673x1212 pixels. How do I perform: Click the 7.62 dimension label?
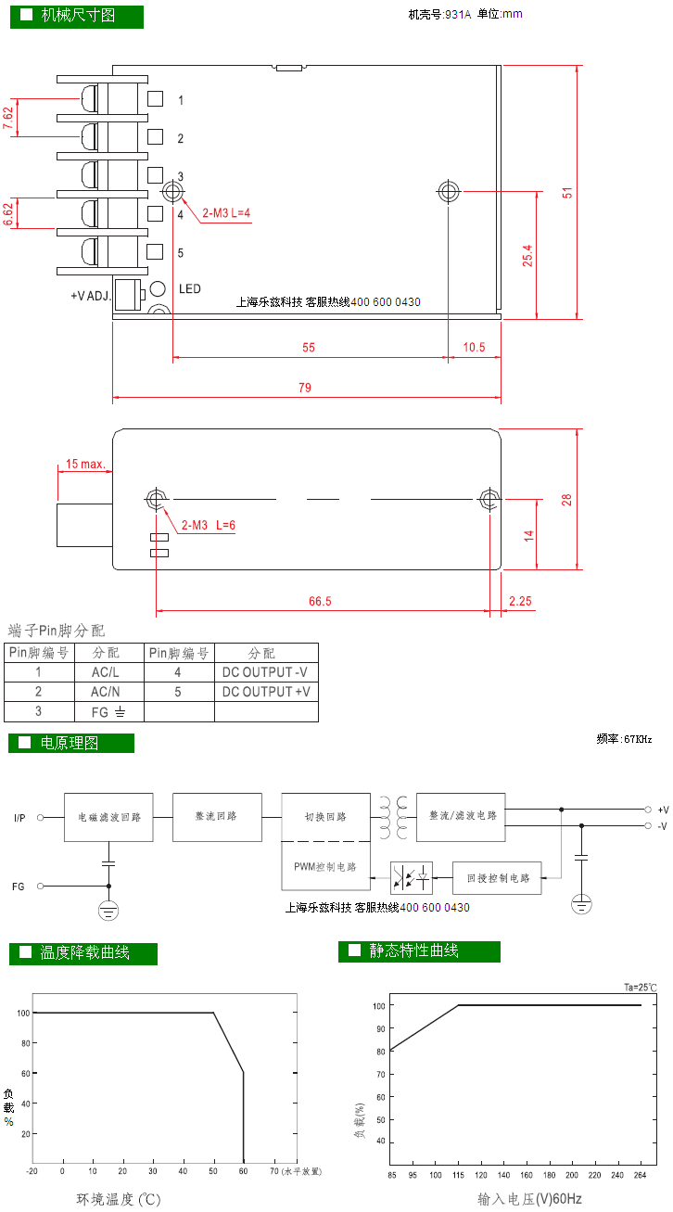click(x=7, y=118)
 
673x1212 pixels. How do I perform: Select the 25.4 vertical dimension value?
click(x=527, y=256)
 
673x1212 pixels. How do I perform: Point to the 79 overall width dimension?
click(x=305, y=388)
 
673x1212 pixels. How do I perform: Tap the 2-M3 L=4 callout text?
click(x=226, y=213)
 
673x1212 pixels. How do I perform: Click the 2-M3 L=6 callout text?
click(x=209, y=526)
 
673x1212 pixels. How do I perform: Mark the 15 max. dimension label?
click(x=85, y=465)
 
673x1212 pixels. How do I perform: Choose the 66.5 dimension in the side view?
click(x=320, y=602)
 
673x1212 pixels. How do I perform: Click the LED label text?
click(x=190, y=289)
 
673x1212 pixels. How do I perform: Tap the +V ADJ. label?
click(x=91, y=296)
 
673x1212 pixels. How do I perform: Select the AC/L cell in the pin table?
click(x=106, y=672)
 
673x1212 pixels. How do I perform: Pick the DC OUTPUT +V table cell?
click(x=266, y=692)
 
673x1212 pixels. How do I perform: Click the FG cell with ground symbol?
click(x=108, y=712)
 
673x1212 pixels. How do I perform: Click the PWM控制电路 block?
click(x=325, y=866)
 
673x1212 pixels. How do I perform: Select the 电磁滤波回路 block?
click(x=108, y=817)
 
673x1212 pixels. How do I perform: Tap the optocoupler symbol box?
click(x=412, y=877)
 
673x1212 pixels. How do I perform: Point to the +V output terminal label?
click(x=663, y=810)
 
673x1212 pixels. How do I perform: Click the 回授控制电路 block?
click(x=497, y=877)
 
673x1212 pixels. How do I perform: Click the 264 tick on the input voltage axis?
click(x=640, y=1175)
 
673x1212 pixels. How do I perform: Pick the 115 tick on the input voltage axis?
click(x=458, y=1175)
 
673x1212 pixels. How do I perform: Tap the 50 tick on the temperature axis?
click(x=213, y=1171)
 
